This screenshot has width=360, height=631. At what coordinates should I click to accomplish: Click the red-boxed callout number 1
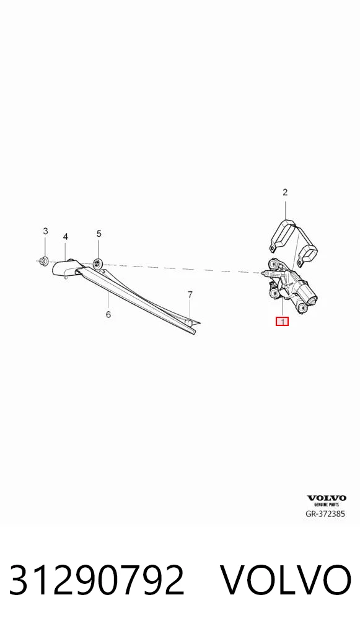282,321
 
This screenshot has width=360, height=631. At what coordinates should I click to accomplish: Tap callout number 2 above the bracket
285,192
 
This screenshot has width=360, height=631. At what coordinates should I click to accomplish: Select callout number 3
45,231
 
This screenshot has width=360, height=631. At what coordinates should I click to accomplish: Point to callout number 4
65,237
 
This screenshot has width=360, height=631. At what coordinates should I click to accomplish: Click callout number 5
99,234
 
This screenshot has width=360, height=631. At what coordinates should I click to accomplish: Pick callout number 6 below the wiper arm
108,314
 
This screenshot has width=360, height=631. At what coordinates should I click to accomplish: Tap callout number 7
190,294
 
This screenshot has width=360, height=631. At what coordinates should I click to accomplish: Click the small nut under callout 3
45,262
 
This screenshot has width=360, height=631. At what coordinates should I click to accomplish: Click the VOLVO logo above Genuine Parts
326,498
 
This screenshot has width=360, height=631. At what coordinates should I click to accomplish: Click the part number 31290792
97,580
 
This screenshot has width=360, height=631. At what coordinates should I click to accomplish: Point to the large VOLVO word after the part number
286,580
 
